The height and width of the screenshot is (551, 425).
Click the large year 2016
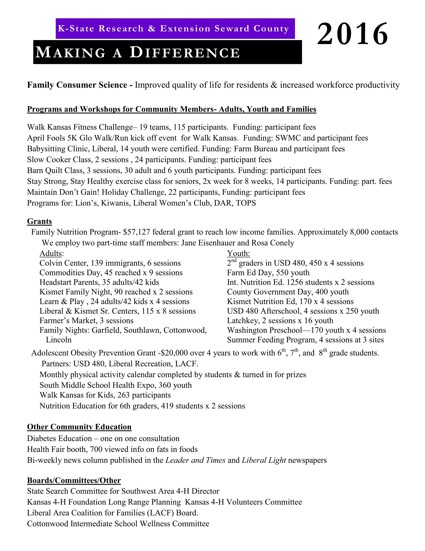(x=352, y=34)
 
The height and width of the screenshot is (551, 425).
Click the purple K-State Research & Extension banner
(x=175, y=29)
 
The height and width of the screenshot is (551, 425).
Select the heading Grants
(x=39, y=221)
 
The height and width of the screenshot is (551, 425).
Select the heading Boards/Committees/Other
(x=74, y=480)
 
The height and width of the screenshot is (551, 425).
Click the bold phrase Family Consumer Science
(x=77, y=85)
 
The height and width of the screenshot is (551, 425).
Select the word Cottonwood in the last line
(x=48, y=524)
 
